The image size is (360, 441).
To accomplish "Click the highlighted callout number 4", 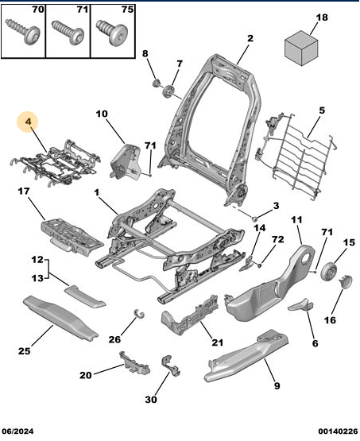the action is click(28, 122).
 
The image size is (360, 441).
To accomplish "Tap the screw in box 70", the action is click(23, 32).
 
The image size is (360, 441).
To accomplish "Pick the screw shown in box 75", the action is click(112, 32).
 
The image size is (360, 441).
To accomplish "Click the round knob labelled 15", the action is click(329, 272).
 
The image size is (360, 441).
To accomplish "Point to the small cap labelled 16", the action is click(346, 281).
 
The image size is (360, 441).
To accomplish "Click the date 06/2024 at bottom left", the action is click(17, 431).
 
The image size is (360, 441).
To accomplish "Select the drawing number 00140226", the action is click(338, 431).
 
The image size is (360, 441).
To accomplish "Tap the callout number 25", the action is click(24, 351).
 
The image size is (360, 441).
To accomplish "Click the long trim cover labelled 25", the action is click(60, 318).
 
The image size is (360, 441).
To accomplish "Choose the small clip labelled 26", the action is click(138, 313).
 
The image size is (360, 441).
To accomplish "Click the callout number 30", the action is click(151, 400).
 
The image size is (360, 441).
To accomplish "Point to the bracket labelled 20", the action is click(134, 363).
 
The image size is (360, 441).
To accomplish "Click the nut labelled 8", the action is click(157, 83).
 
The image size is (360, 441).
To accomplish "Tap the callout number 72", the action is click(277, 239).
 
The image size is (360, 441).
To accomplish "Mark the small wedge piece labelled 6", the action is click(300, 305).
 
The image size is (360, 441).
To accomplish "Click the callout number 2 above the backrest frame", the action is click(250, 38).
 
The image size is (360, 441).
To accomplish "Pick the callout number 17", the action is click(24, 191).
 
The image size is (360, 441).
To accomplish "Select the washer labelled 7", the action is click(169, 91).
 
